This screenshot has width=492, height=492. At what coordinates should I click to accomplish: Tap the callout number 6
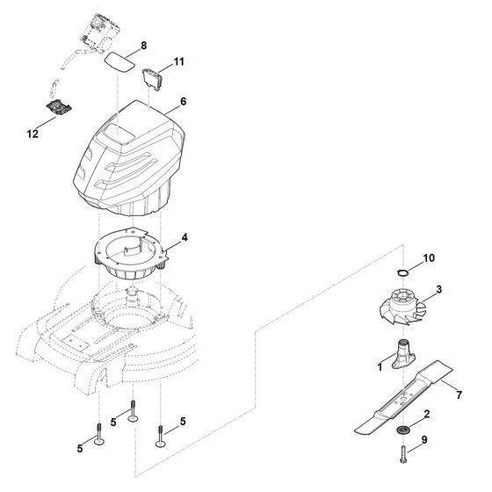183,102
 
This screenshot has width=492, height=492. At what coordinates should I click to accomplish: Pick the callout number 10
428,258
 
